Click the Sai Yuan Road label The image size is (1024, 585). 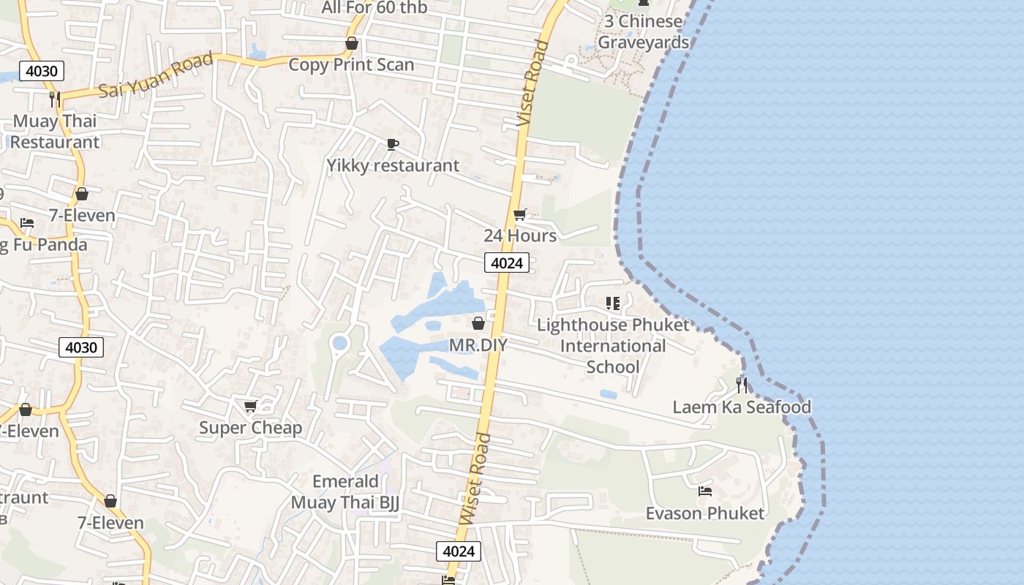tap(155, 75)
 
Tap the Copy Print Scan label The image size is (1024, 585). tap(351, 64)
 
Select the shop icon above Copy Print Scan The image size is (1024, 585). tap(352, 44)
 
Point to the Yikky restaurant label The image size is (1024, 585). tap(393, 165)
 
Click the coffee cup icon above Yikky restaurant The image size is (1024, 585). tap(393, 144)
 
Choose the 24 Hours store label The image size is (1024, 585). tap(520, 235)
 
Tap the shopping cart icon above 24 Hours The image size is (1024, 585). tap(520, 214)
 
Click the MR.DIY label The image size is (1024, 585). tap(478, 344)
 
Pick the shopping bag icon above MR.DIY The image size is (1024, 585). tap(478, 323)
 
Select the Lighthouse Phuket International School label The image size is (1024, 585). tap(613, 345)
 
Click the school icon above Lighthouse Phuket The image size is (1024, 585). tap(613, 303)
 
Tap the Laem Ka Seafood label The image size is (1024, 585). tap(742, 407)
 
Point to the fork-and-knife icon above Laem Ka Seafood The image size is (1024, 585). tap(742, 385)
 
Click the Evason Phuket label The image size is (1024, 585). tap(705, 513)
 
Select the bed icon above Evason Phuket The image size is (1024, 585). tap(705, 491)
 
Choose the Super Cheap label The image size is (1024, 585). tap(250, 428)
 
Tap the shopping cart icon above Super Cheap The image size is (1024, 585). tap(250, 406)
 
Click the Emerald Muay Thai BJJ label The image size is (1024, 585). tap(345, 491)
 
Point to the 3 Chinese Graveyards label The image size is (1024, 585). tap(644, 31)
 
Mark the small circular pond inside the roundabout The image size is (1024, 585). tap(339, 342)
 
